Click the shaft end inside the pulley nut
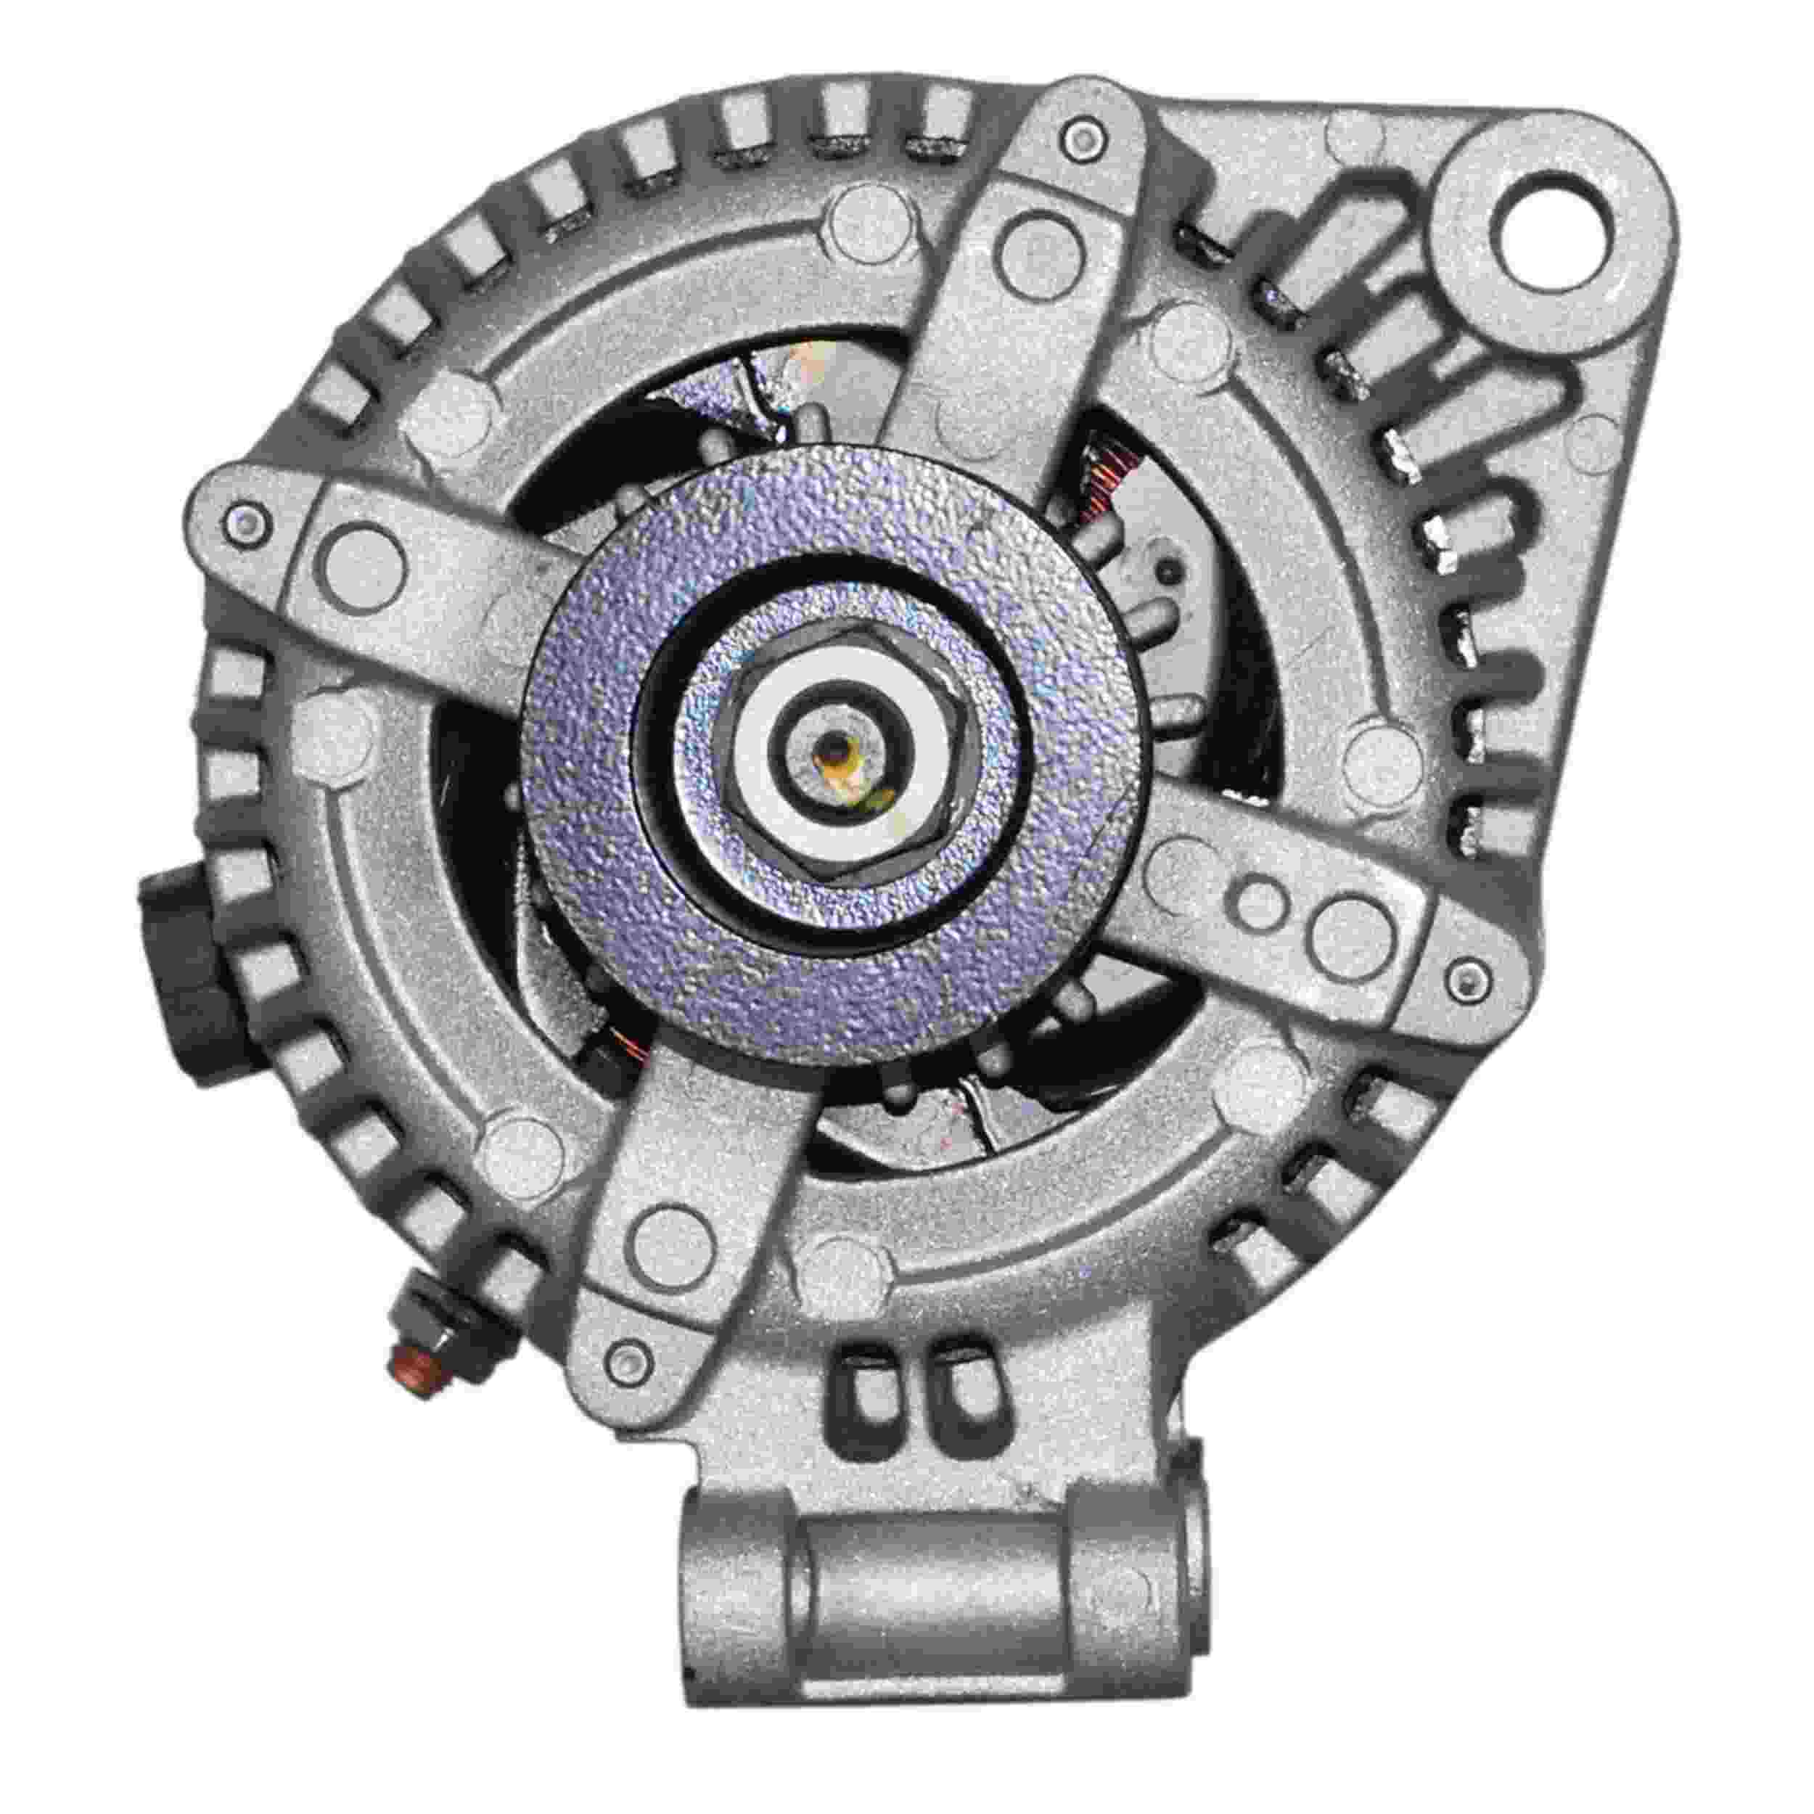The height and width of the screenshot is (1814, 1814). pyautogui.click(x=834, y=751)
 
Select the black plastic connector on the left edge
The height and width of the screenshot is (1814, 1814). pyautogui.click(x=178, y=977)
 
